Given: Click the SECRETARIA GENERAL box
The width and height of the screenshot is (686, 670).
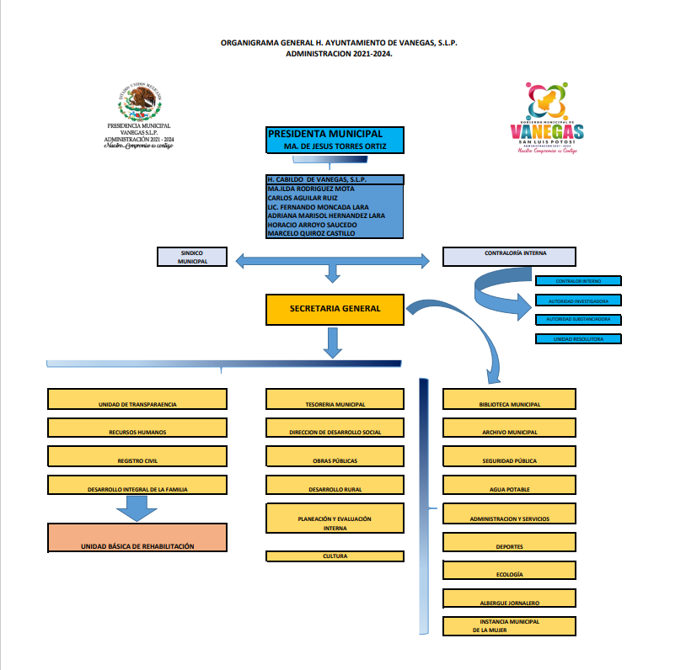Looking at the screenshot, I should tap(335, 309).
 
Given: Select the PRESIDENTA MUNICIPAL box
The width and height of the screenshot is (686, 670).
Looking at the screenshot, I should tap(335, 140).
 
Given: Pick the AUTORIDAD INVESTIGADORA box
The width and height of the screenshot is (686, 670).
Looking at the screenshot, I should tap(578, 300).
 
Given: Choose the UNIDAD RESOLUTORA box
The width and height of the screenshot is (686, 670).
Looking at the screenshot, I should tap(578, 339).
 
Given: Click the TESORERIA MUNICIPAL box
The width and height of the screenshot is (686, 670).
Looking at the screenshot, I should tap(335, 400).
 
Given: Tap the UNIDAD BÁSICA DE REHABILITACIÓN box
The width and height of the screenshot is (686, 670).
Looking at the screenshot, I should tap(137, 539).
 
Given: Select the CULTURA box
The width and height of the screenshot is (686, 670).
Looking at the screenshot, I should tap(335, 556).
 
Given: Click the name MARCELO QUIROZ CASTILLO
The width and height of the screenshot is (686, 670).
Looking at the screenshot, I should tap(311, 234).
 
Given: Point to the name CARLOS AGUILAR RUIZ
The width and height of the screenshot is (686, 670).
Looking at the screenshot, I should tap(303, 198).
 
